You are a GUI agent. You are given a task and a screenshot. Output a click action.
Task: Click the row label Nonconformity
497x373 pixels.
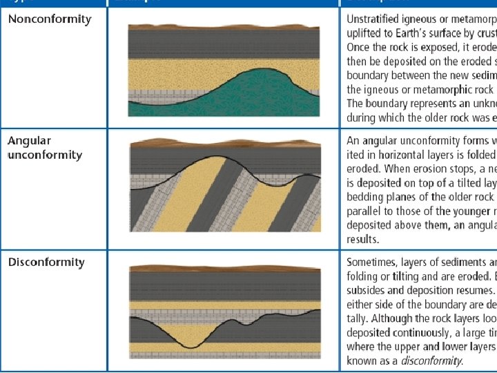tap(50, 19)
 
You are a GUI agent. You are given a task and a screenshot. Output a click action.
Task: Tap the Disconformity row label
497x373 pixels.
tap(46, 262)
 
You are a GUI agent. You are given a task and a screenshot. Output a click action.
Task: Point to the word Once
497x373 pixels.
tap(360, 47)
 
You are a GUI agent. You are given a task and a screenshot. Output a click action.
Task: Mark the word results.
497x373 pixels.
tap(363, 239)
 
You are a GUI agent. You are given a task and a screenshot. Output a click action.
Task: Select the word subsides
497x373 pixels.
tap(367, 291)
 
